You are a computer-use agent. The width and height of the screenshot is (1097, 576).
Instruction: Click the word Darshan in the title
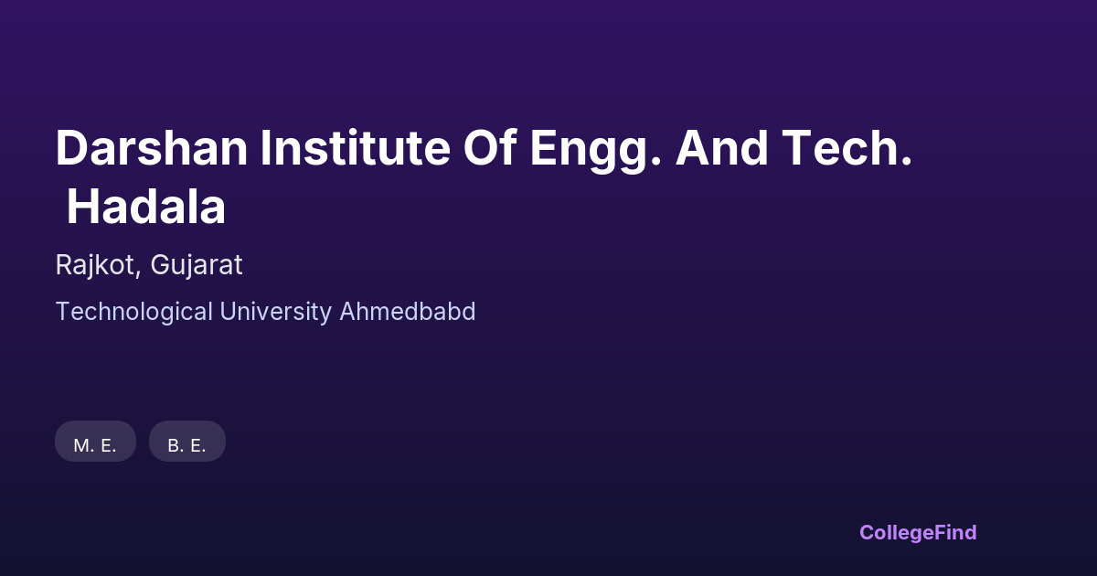click(152, 148)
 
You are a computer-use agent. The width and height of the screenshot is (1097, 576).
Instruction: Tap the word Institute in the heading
click(355, 148)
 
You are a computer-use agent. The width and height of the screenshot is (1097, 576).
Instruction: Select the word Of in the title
click(490, 148)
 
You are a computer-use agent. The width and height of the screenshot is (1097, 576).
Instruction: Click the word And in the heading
click(722, 148)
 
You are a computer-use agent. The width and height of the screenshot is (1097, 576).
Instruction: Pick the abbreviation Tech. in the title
click(847, 148)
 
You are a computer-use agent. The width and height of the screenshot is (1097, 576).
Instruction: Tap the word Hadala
click(146, 207)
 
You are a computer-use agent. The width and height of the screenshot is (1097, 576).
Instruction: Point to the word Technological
click(134, 313)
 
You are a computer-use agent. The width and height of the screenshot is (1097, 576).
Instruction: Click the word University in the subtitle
click(276, 313)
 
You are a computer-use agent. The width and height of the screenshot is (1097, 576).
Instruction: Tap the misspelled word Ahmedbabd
click(408, 312)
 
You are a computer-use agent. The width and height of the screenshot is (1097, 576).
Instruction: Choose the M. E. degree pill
click(95, 441)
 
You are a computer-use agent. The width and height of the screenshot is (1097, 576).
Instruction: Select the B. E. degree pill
click(187, 441)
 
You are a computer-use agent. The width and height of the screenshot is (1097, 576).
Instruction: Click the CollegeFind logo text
click(918, 533)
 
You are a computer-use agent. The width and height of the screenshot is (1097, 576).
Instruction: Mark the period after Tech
click(906, 161)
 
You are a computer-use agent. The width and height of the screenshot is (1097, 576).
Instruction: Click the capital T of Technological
click(65, 312)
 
